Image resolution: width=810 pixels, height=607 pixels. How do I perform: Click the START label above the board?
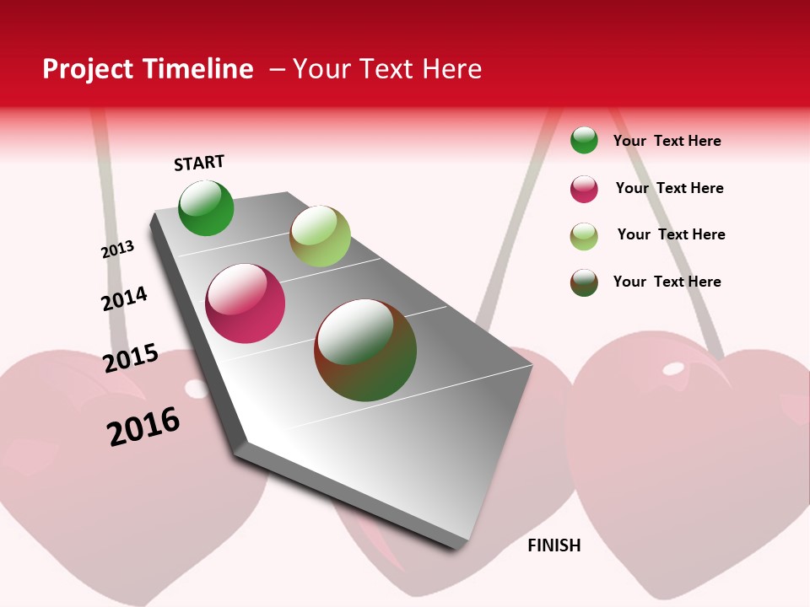click(x=199, y=163)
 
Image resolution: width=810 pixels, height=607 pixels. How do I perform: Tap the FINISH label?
click(x=554, y=545)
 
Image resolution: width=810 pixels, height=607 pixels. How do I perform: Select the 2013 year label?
click(x=117, y=250)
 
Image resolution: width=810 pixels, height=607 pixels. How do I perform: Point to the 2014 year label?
click(x=124, y=298)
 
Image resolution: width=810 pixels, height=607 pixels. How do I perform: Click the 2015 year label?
click(x=131, y=358)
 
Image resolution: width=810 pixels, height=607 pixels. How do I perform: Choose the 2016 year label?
click(x=143, y=426)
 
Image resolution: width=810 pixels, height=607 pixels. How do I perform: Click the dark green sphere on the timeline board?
click(x=206, y=208)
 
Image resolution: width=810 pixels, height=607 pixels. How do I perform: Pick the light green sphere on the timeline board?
click(x=320, y=236)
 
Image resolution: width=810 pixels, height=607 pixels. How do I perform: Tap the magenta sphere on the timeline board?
click(x=246, y=303)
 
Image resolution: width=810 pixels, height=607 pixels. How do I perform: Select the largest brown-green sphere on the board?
click(x=365, y=350)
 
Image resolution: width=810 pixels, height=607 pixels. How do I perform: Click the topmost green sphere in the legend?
click(x=584, y=140)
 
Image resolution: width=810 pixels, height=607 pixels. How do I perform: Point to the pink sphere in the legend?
click(x=584, y=189)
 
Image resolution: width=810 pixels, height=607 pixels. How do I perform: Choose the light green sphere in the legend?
click(x=584, y=236)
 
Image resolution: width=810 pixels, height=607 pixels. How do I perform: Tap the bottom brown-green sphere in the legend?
click(x=584, y=282)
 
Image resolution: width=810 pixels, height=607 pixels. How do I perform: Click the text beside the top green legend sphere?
click(x=667, y=141)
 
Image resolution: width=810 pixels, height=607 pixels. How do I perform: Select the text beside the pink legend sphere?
click(x=669, y=188)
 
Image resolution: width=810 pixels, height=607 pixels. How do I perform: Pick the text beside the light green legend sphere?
click(x=671, y=234)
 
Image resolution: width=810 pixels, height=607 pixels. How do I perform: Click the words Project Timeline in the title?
click(x=148, y=69)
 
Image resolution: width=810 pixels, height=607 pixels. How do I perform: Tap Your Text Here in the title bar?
click(x=387, y=69)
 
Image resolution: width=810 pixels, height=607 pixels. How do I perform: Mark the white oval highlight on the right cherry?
click(x=673, y=368)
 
